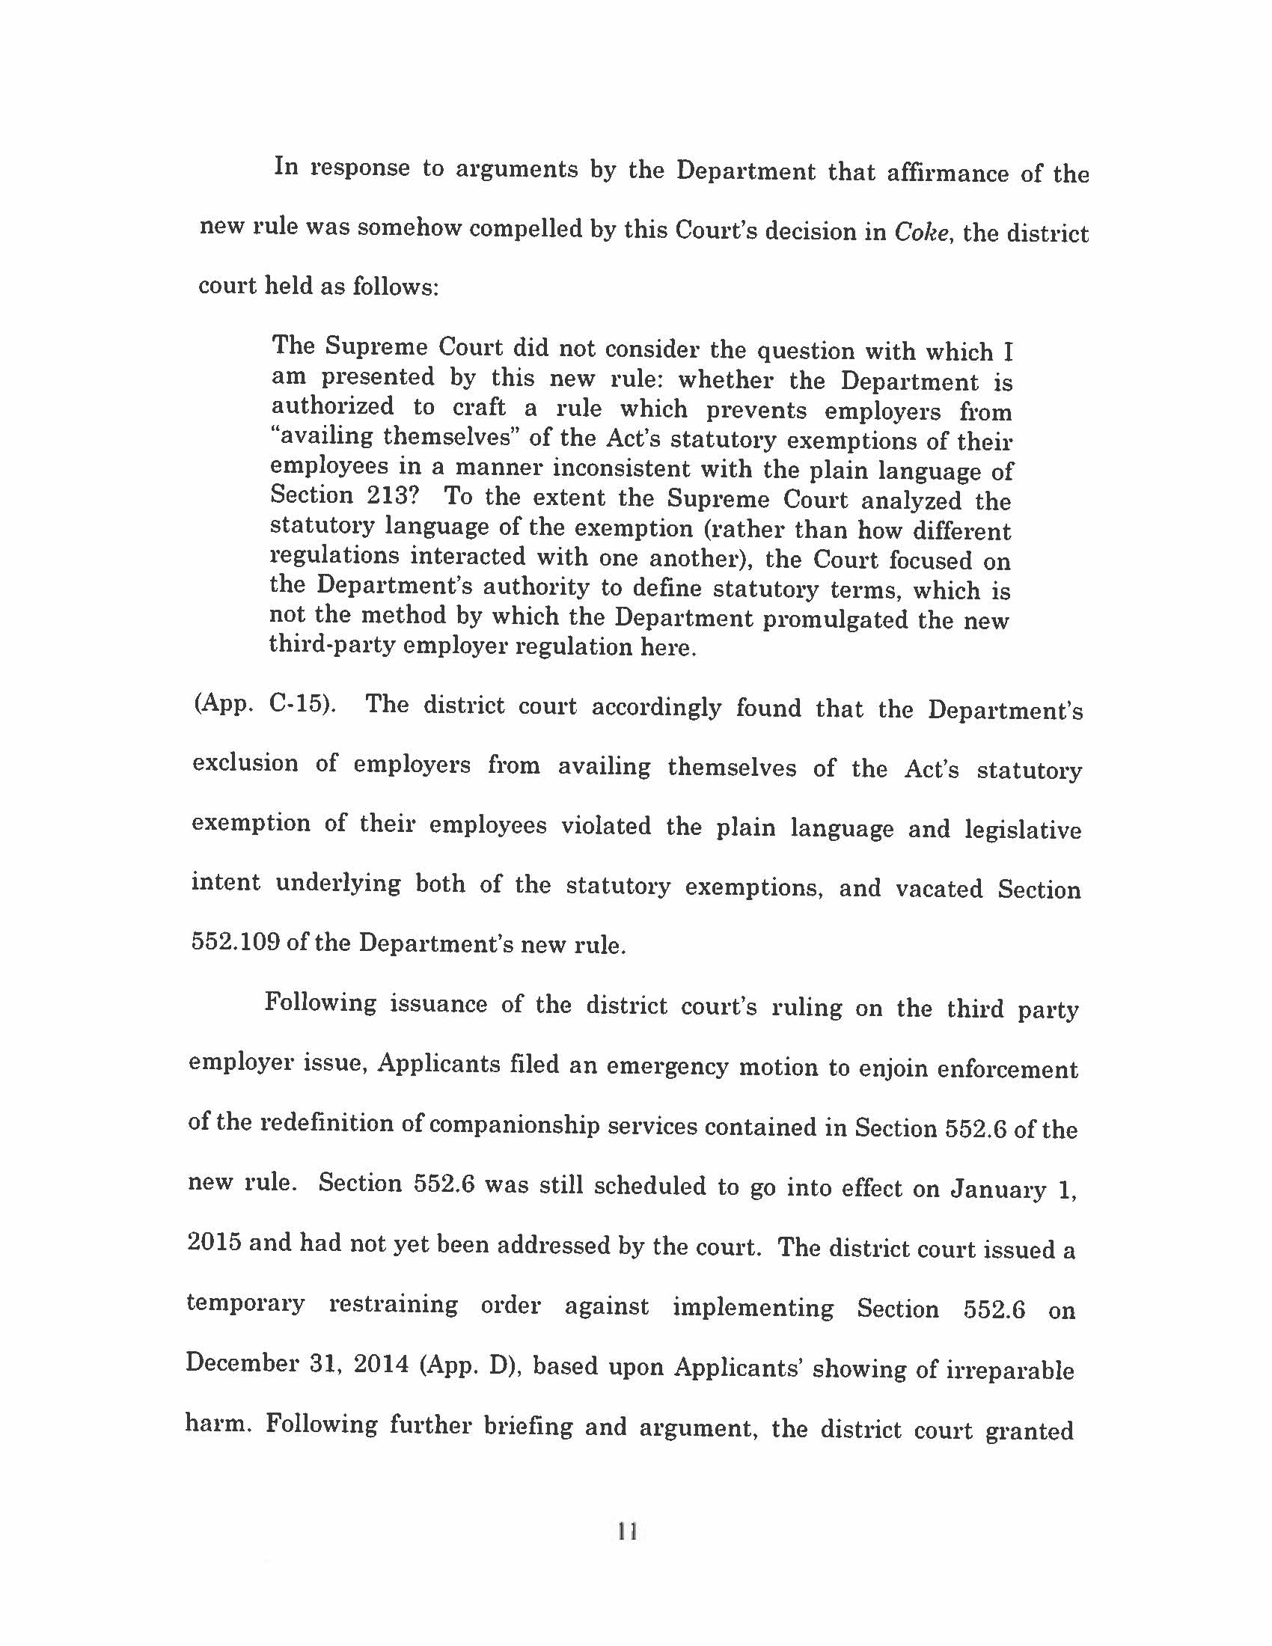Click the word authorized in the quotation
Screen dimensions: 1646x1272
click(x=332, y=406)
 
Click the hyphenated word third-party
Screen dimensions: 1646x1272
click(x=332, y=646)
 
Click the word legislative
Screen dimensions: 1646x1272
click(x=1023, y=830)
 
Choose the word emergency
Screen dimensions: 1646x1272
click(x=667, y=1066)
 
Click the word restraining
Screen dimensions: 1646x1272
click(x=393, y=1305)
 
